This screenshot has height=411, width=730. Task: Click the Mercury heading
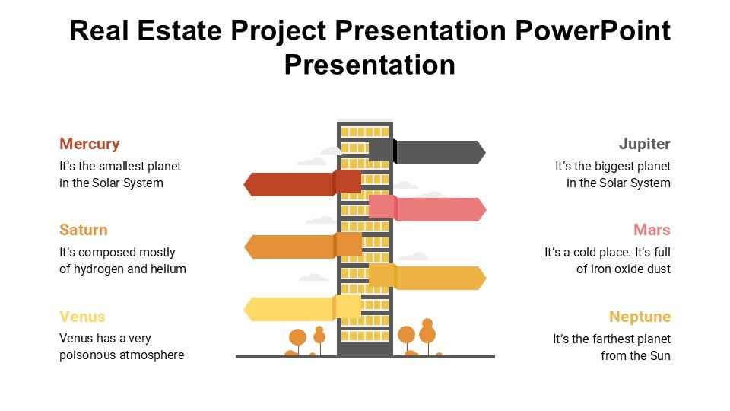pos(90,145)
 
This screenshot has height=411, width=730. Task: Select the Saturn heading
pos(84,230)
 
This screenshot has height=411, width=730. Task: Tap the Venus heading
pos(82,317)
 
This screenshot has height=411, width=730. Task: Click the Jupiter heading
pos(644,145)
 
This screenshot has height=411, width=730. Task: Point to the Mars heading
pos(652,230)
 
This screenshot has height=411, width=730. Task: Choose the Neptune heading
pos(640,317)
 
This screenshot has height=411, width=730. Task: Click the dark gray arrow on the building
pos(427,152)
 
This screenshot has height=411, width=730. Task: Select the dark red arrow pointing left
pos(302,183)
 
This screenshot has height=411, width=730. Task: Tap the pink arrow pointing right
pos(427,209)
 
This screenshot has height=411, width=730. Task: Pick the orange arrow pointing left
pos(303,246)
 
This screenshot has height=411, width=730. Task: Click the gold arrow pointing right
pos(427,277)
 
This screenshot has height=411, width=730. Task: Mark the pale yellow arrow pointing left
pos(303,308)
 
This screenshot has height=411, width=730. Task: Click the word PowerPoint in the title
pos(592,30)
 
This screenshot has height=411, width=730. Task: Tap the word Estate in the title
pos(179,30)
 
